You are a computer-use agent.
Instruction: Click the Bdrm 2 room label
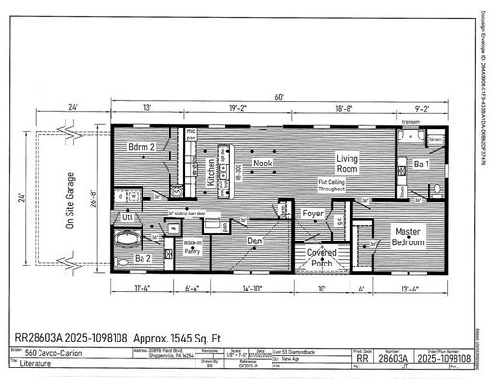point(142,147)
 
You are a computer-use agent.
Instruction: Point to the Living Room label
point(347,163)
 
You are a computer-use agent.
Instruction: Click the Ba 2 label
point(143,259)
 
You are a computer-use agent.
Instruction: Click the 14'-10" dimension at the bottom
point(249,287)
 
